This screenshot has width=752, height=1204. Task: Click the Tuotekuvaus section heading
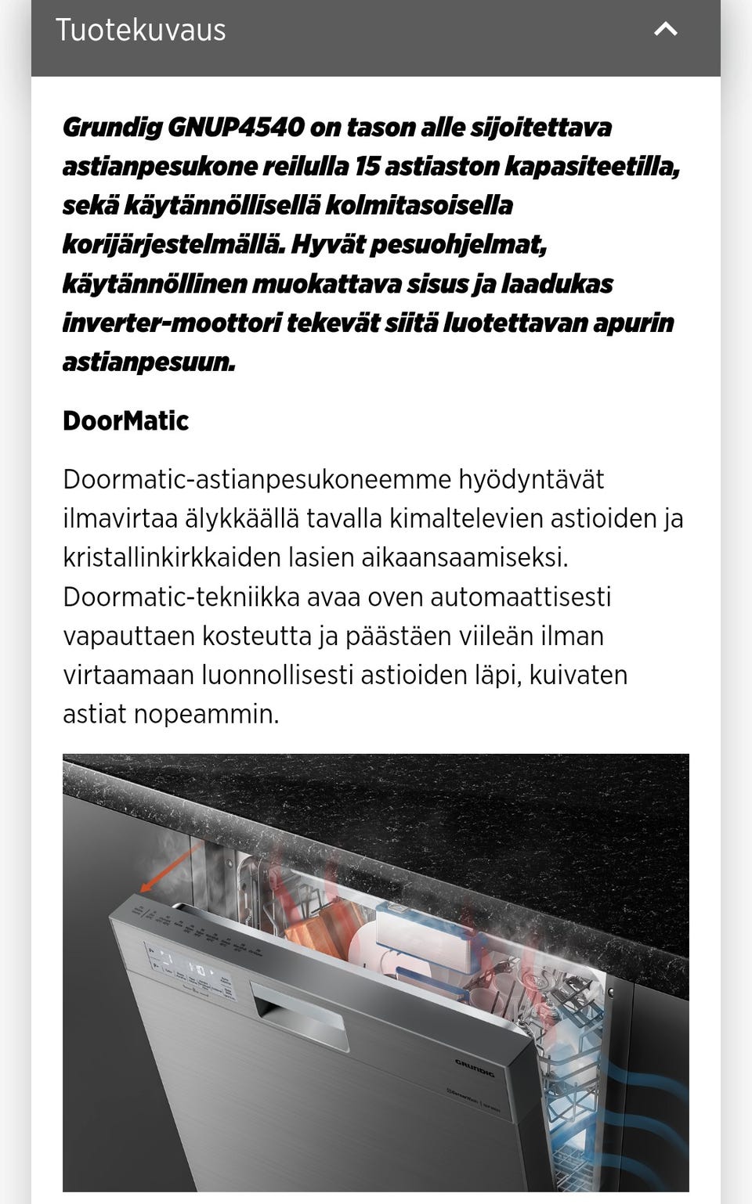pos(140,31)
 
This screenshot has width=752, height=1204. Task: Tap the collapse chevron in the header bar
pos(665,30)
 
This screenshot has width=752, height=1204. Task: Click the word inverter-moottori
pos(172,323)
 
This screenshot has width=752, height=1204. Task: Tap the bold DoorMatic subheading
pos(125,421)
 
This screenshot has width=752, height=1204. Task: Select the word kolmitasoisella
pos(418,205)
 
